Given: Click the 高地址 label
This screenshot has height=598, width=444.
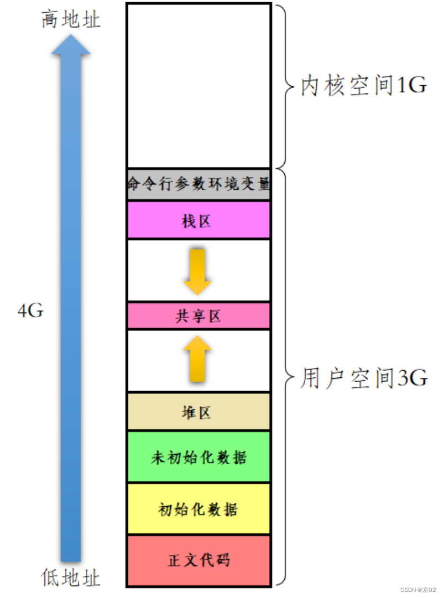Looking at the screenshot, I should pos(71,20).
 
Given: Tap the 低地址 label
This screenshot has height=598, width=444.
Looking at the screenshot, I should pos(71,578).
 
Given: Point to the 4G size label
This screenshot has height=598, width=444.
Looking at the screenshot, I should pos(30,311).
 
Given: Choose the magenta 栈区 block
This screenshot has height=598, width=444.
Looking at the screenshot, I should pos(199,221).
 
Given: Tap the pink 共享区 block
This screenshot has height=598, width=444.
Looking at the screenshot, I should pos(199,316).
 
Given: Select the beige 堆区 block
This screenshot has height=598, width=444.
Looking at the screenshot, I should pos(199,412).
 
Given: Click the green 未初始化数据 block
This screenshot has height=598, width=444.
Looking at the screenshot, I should pos(199,457).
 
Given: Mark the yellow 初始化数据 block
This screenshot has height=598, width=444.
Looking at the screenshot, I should pos(199,509).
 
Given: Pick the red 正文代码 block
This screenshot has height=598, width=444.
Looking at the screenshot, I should pos(199,560).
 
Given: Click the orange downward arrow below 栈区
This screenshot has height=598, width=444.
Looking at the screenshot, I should pos(197,272).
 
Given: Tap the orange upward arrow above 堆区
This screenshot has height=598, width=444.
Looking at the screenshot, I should pos(197,359).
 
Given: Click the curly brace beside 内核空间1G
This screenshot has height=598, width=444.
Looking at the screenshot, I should pos(284,86).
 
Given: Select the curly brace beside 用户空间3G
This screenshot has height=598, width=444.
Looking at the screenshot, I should pos(284,378).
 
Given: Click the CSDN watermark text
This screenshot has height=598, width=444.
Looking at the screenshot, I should pos(418,590).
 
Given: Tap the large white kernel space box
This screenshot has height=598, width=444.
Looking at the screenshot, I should pos(199,86).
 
